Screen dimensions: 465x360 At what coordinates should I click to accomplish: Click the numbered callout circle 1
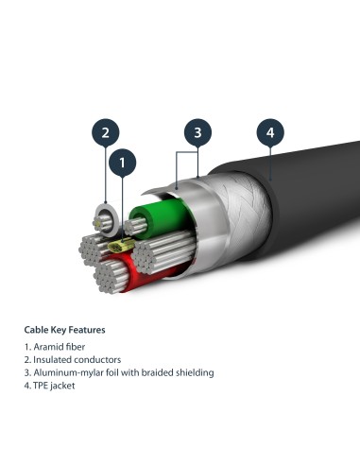122,164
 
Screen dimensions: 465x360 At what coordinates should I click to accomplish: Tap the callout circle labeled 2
106,131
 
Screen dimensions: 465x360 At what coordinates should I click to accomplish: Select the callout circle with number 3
197,133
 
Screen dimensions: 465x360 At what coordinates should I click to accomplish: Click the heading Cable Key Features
64,330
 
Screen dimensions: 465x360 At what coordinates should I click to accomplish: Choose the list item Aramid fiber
56,347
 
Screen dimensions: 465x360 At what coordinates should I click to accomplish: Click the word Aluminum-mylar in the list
65,372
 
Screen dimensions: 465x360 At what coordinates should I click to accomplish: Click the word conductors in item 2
85,360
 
